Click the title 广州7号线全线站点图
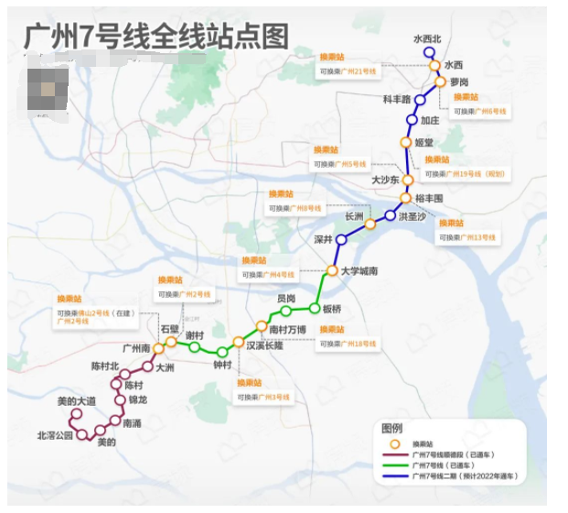155,37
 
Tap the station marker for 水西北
428,53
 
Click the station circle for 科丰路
420,100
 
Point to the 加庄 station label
430,120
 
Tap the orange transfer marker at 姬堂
406,142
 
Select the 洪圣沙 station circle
391,216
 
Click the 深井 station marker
341,239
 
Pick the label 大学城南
359,271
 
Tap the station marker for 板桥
313,309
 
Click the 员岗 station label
286,298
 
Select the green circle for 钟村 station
221,352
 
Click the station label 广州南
136,349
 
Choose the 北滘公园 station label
55,435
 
